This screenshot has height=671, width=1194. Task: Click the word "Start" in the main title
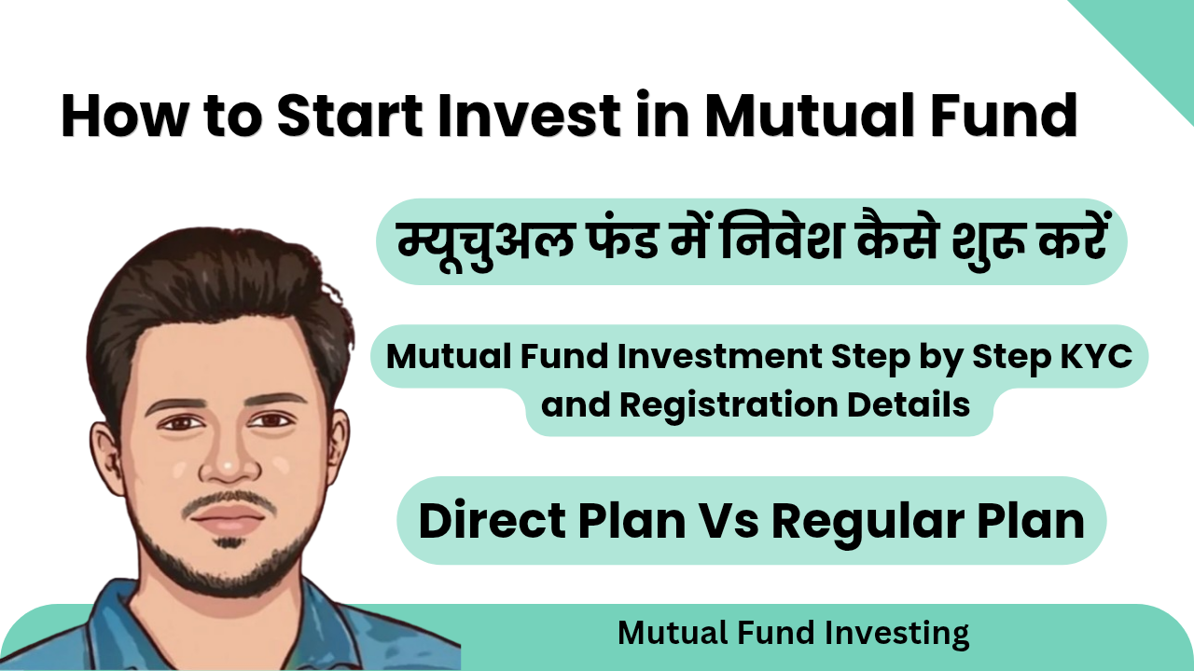click(x=350, y=116)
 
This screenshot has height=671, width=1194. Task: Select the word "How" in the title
click(x=125, y=116)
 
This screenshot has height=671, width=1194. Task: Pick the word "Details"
click(x=909, y=404)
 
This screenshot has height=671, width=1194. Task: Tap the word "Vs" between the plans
click(x=729, y=521)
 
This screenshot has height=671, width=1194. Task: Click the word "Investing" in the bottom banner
click(x=897, y=634)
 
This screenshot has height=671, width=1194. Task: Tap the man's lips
click(x=229, y=515)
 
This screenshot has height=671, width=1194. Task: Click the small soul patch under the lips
click(x=229, y=542)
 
